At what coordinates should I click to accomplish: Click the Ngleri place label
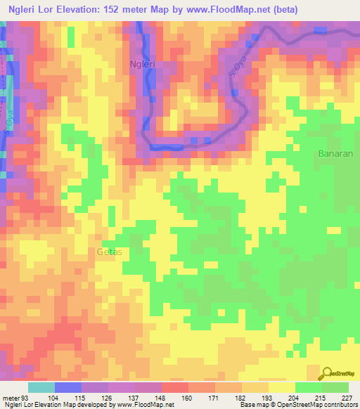(x=143, y=64)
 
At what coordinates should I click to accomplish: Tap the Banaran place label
(x=335, y=152)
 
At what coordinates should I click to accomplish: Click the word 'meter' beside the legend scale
(x=11, y=398)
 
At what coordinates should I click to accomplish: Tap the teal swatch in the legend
(x=41, y=387)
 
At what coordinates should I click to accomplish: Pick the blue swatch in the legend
(x=67, y=387)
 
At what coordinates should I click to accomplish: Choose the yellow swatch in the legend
(x=282, y=387)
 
